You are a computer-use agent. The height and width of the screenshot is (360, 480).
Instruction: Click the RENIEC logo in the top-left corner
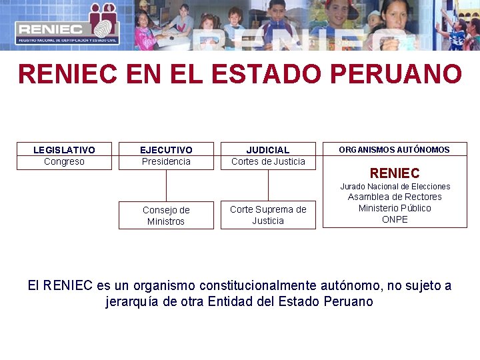67,25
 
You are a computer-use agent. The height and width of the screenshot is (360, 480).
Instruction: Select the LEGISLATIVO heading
64,150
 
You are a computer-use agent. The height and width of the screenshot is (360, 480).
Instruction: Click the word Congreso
64,161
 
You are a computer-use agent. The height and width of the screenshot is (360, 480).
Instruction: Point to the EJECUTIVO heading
166,150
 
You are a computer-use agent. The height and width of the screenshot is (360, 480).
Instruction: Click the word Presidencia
166,161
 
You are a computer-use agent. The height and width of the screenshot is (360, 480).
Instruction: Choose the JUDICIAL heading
268,150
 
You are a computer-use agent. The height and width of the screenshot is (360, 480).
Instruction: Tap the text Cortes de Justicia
268,161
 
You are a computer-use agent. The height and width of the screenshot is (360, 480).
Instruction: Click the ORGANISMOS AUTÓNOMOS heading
394,150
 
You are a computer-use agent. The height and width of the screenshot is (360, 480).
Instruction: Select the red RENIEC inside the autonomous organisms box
395,173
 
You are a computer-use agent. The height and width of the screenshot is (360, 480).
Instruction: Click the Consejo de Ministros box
166,215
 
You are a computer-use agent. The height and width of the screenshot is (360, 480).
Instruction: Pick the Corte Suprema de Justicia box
268,215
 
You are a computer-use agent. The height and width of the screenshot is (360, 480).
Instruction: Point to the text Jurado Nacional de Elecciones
395,187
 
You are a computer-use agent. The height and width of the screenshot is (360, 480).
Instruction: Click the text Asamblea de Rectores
395,197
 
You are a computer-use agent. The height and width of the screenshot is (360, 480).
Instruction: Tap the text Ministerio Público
395,208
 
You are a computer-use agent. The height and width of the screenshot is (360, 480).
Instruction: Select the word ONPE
395,219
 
